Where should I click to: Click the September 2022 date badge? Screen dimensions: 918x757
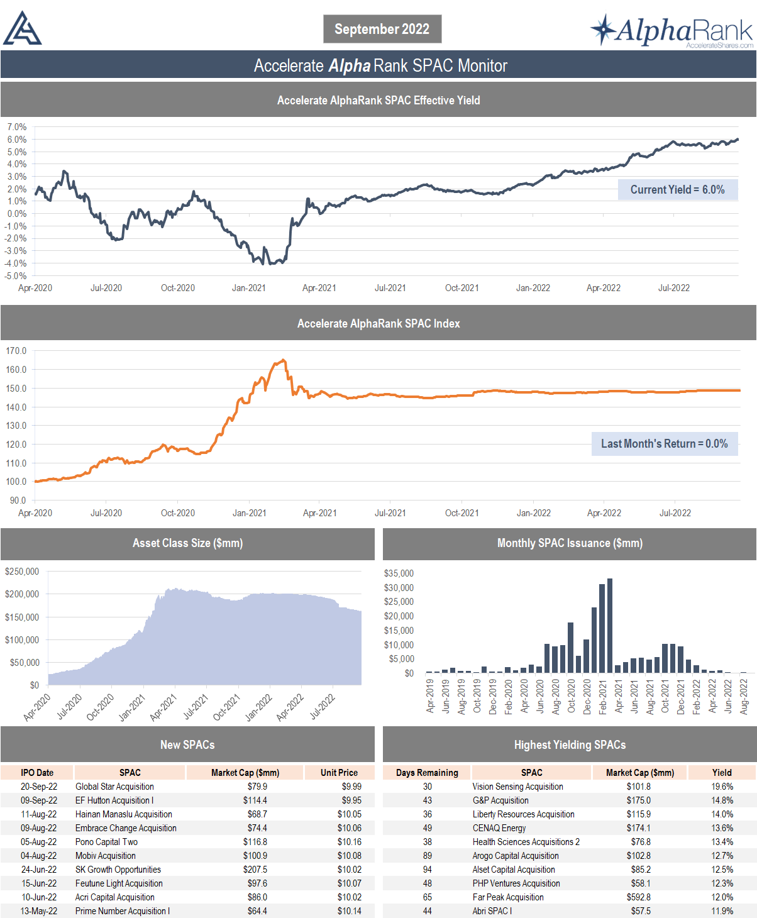pyautogui.click(x=382, y=29)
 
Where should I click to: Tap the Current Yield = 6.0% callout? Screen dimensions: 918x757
pyautogui.click(x=677, y=190)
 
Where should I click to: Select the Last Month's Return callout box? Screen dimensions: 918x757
pyautogui.click(x=664, y=444)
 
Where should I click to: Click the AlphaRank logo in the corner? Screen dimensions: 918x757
pyautogui.click(x=671, y=31)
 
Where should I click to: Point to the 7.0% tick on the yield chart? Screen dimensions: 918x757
pyautogui.click(x=17, y=127)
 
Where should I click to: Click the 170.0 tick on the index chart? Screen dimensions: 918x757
pyautogui.click(x=16, y=351)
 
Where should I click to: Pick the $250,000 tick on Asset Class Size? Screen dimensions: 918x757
pyautogui.click(x=22, y=572)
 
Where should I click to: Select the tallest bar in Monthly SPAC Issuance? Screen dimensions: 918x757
pyautogui.click(x=610, y=625)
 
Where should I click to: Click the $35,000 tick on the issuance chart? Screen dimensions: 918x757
pyautogui.click(x=399, y=573)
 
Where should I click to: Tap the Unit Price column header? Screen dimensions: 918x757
pyautogui.click(x=339, y=773)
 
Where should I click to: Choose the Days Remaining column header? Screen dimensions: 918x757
pyautogui.click(x=427, y=773)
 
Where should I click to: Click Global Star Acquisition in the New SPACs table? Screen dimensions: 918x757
pyautogui.click(x=114, y=787)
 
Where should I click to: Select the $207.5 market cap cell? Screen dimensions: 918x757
pyautogui.click(x=255, y=870)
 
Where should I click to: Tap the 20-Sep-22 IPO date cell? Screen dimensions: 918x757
pyautogui.click(x=39, y=787)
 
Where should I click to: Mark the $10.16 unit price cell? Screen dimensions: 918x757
pyautogui.click(x=350, y=842)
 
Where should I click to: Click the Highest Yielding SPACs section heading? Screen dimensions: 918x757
pyautogui.click(x=570, y=745)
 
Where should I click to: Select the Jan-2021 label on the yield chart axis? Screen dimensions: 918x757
pyautogui.click(x=249, y=288)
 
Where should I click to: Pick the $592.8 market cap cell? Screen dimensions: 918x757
pyautogui.click(x=639, y=897)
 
